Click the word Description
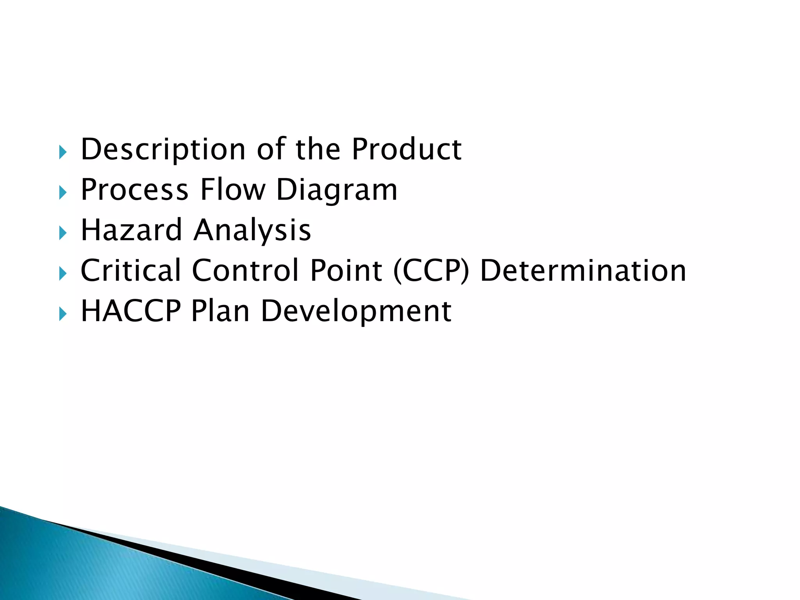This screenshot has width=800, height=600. click(x=163, y=150)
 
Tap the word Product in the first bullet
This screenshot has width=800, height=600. click(x=407, y=150)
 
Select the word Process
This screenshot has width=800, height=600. click(x=134, y=190)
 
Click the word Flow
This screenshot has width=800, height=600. click(x=233, y=190)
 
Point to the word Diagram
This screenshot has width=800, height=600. click(x=337, y=191)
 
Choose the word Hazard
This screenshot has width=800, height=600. click(x=131, y=230)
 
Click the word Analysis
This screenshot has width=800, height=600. click(x=252, y=231)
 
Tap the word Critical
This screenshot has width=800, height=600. click(x=131, y=270)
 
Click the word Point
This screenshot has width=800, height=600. click(x=346, y=270)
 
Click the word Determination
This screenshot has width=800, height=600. click(x=583, y=270)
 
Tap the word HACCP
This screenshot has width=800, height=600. click(x=131, y=311)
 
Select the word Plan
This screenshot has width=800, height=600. click(x=220, y=311)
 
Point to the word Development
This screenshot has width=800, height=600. click(x=356, y=312)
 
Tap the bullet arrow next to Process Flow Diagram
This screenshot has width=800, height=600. click(x=62, y=192)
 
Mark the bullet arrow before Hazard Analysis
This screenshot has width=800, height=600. click(x=62, y=233)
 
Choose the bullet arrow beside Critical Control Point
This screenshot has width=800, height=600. click(x=62, y=273)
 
